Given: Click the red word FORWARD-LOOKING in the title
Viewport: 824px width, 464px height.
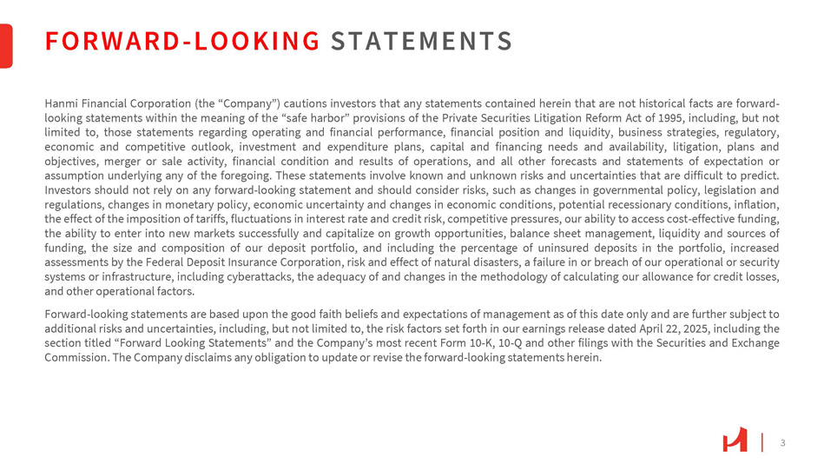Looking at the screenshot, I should click(x=182, y=41).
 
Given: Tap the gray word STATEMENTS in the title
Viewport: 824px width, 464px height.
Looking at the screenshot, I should click(x=421, y=41).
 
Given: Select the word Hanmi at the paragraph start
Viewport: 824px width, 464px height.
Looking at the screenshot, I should click(x=60, y=103).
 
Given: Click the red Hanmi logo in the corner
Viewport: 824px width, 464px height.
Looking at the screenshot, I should click(x=735, y=442).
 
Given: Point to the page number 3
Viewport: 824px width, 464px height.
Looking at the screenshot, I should click(x=782, y=443).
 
